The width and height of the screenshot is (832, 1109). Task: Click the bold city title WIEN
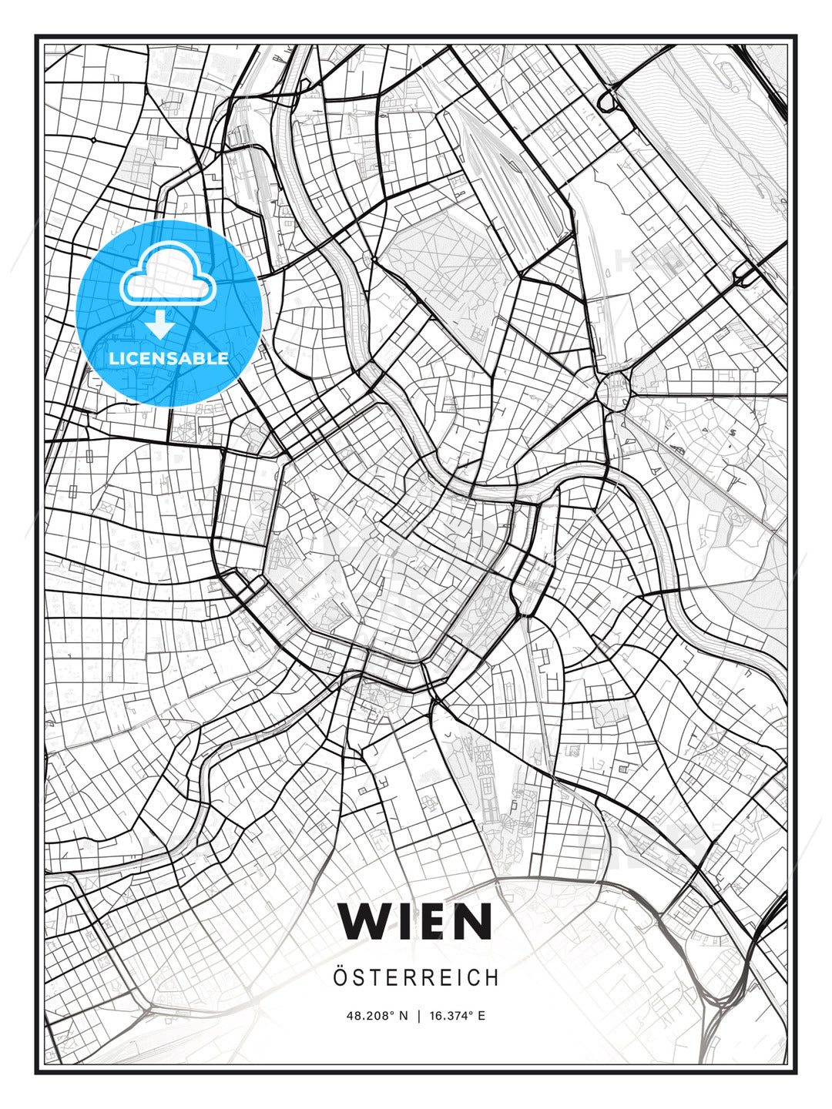click(415, 921)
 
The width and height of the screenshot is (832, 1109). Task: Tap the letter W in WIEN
click(364, 921)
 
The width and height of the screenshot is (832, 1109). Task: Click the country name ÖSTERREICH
click(415, 978)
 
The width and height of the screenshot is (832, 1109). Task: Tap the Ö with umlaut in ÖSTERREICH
click(340, 977)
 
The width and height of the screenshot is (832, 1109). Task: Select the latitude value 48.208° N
click(377, 1016)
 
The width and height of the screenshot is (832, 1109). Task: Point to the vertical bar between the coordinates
click(418, 1016)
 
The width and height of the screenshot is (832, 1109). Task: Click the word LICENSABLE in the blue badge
click(169, 358)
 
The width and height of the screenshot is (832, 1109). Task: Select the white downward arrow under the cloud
click(160, 324)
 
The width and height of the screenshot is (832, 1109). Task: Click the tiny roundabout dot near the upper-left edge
click(93, 140)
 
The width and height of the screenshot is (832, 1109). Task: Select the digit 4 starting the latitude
click(350, 1016)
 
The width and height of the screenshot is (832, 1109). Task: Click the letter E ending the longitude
click(481, 1016)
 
